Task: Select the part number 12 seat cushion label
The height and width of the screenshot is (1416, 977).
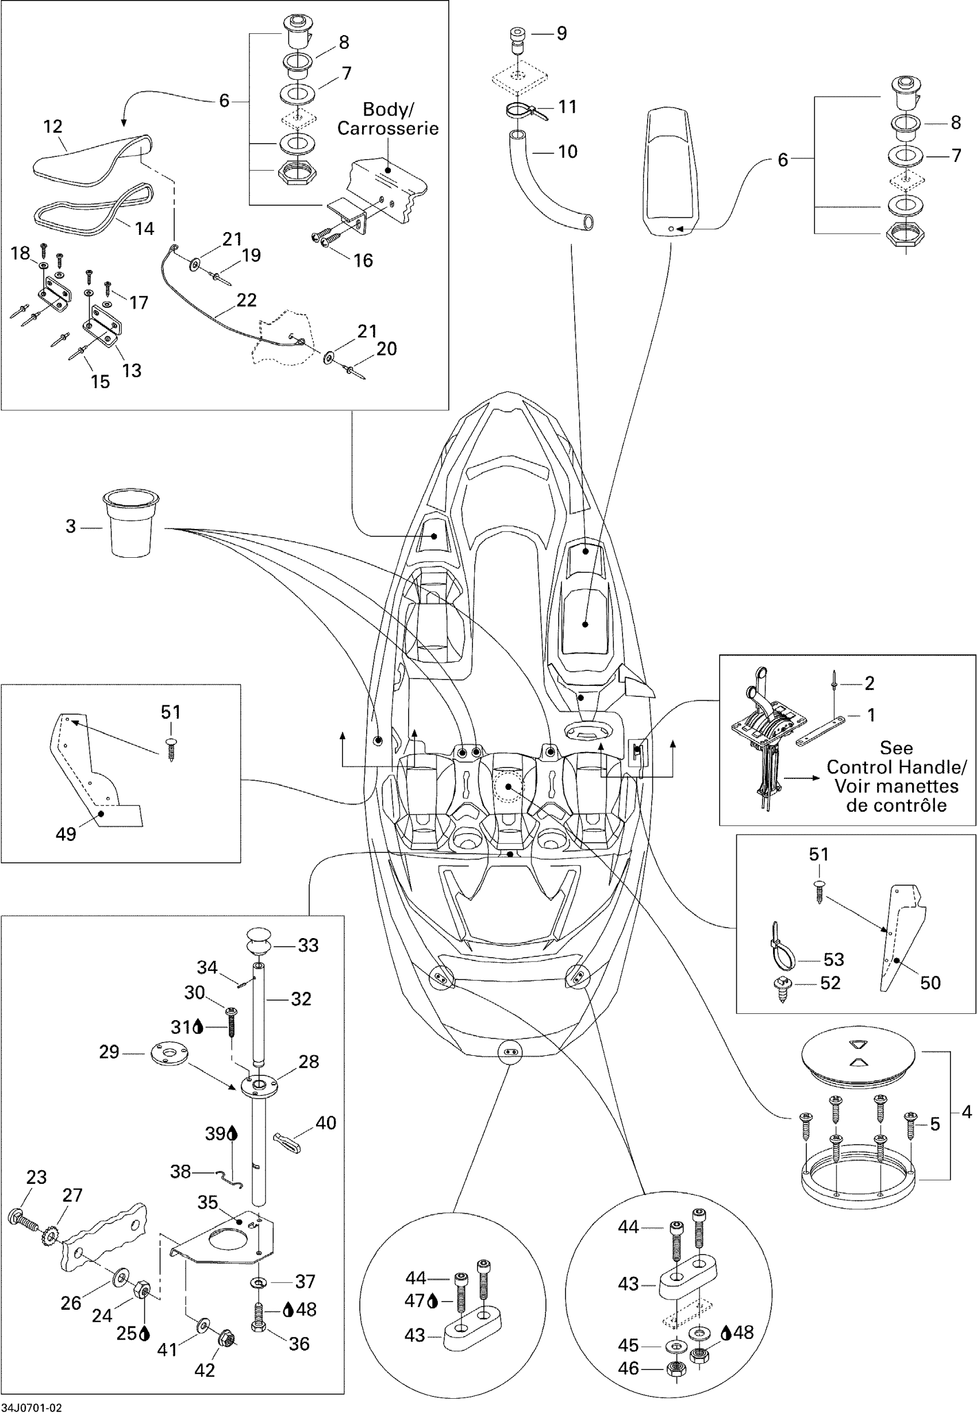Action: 53,127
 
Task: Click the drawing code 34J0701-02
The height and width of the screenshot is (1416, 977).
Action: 32,1407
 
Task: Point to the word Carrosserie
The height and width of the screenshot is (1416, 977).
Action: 388,129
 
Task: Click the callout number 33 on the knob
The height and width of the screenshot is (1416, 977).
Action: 308,946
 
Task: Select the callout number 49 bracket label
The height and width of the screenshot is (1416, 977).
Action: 66,834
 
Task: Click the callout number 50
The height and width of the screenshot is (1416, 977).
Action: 930,983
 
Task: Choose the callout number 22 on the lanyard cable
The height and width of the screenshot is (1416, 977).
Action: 246,300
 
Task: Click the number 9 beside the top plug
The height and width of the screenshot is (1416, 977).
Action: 561,33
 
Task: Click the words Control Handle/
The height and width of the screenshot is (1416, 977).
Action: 897,767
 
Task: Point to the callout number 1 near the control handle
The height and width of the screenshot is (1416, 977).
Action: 871,715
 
